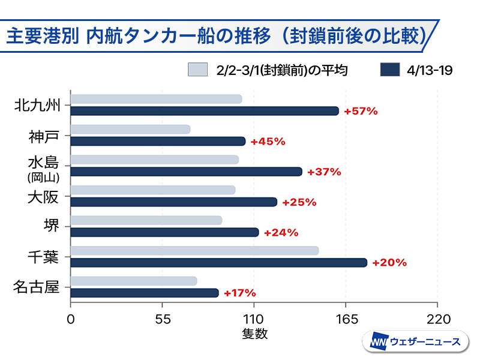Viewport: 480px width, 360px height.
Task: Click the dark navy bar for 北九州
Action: [x=205, y=111]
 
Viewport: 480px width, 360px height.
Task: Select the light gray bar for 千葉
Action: [x=194, y=250]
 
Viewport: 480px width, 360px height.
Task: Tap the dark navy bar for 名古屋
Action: [x=145, y=293]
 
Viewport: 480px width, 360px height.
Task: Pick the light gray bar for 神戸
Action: [x=130, y=129]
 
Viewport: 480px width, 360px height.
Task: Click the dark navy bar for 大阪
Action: [x=174, y=202]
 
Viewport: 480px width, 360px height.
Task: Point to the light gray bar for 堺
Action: [x=146, y=220]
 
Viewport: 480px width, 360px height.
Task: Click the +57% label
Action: [x=361, y=111]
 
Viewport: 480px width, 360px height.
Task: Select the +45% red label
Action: [x=268, y=142]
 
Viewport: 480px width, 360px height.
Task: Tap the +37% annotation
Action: [x=324, y=172]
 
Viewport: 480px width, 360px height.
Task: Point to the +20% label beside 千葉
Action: [x=389, y=262]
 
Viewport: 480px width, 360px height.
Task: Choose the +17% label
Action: [x=239, y=293]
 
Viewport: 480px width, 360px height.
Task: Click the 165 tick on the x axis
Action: [x=346, y=319]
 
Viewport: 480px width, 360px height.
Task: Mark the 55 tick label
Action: [x=163, y=319]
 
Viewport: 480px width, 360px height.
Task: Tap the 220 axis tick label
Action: [x=437, y=319]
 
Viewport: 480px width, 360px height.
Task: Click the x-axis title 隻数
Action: [x=254, y=334]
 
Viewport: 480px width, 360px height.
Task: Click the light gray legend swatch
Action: [x=197, y=70]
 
